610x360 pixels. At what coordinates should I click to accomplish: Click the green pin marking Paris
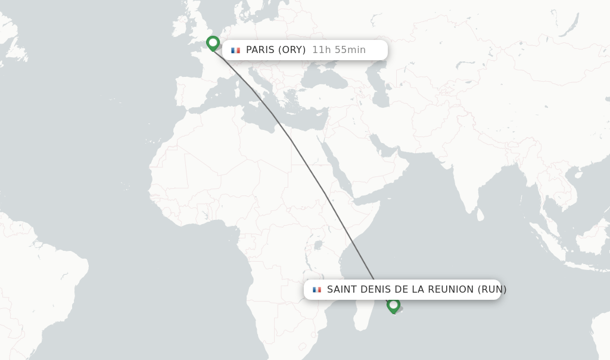pos(213,43)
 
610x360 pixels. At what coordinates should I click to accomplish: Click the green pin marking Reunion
pos(393,305)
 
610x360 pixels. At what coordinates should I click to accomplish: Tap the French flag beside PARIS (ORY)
pos(235,50)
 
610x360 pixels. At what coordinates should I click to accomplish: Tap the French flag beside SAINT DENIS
pos(317,290)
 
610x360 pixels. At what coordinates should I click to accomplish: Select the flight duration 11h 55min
pos(338,50)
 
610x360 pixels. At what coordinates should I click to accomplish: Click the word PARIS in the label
pos(261,50)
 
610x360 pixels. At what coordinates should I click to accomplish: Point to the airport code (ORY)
pos(293,50)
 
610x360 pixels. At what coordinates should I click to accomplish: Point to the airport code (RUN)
pos(492,290)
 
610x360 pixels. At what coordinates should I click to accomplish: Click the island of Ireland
pos(179,27)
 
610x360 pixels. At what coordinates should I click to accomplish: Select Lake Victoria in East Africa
pos(318,244)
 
